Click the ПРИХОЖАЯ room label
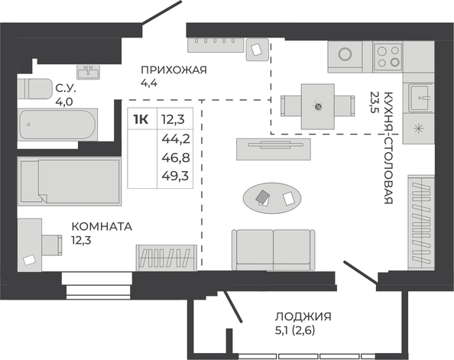(174, 70)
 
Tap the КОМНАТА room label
(102, 226)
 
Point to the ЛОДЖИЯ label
(303, 316)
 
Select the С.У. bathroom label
(66, 88)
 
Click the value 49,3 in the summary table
(176, 175)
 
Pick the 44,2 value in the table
(176, 139)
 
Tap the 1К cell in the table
(141, 119)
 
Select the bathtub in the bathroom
(57, 125)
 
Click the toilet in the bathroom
(34, 89)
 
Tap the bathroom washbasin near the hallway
(89, 72)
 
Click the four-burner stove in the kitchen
(388, 57)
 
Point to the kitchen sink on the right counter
(418, 98)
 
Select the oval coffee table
(272, 198)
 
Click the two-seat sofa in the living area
(274, 250)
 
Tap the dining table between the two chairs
(318, 106)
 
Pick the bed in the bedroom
(70, 181)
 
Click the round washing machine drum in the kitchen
(345, 54)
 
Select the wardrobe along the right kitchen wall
(421, 222)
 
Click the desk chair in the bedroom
(52, 245)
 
